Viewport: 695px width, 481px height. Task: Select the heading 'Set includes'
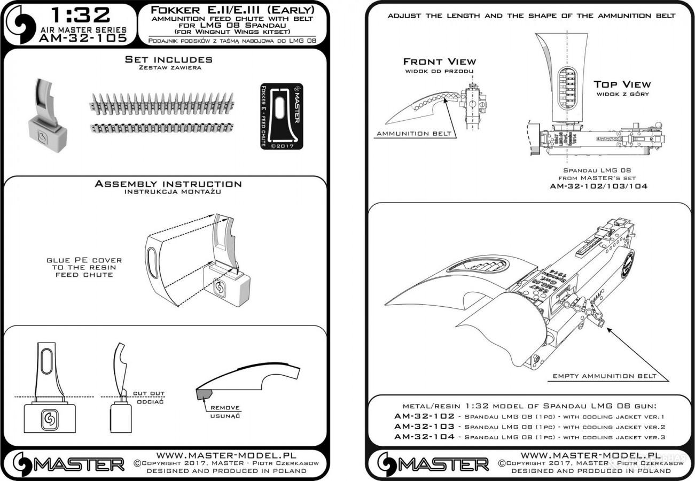pyautogui.click(x=169, y=59)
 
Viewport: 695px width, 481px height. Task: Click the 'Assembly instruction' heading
pyautogui.click(x=168, y=184)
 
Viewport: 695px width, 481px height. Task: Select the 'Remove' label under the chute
pyautogui.click(x=229, y=408)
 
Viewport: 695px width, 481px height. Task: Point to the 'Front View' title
pyautogui.click(x=439, y=61)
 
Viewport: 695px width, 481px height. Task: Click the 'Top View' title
pyautogui.click(x=622, y=84)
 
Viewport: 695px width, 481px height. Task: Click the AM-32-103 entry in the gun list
pyautogui.click(x=425, y=426)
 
